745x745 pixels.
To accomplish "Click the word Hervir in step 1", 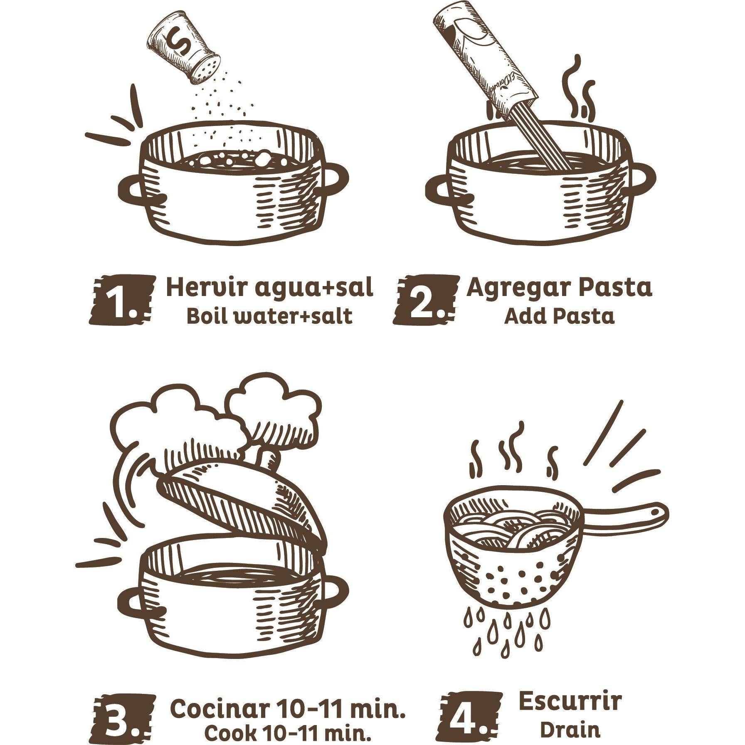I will click(206, 287).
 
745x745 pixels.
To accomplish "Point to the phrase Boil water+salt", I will click(269, 316).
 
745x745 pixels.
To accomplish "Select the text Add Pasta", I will click(559, 316).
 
